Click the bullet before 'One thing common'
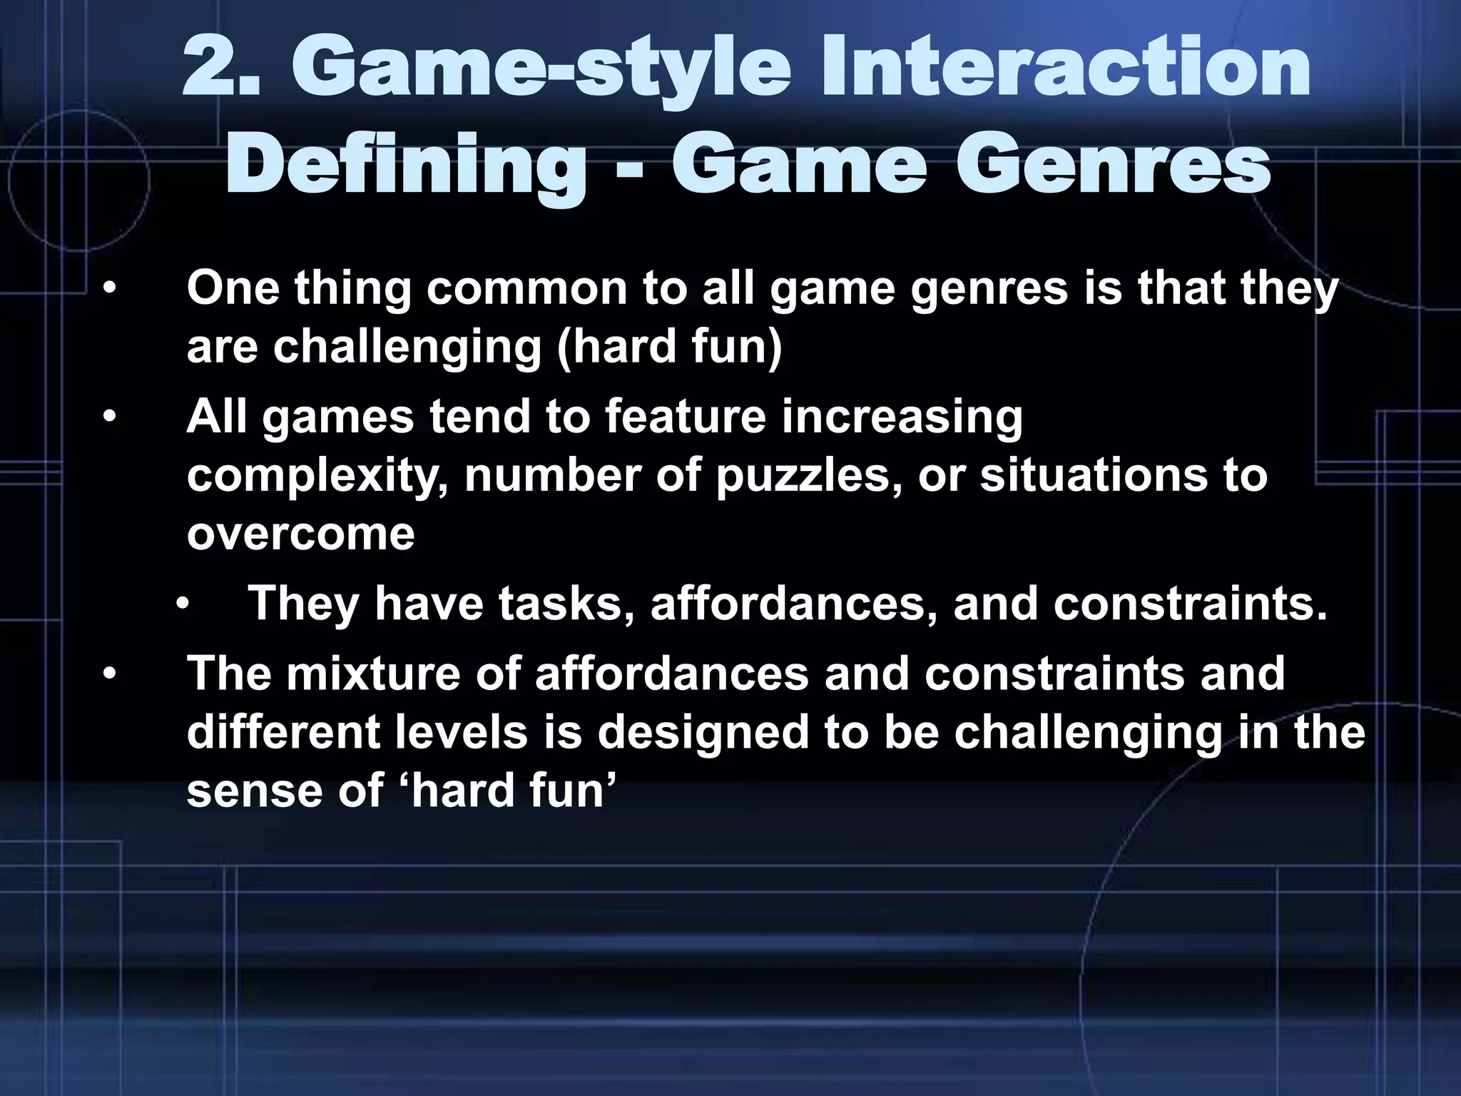[x=108, y=290]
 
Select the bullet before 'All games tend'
[x=108, y=417]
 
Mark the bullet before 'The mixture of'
[x=108, y=674]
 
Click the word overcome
[x=300, y=534]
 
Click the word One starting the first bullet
[x=233, y=288]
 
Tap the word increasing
[x=902, y=418]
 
